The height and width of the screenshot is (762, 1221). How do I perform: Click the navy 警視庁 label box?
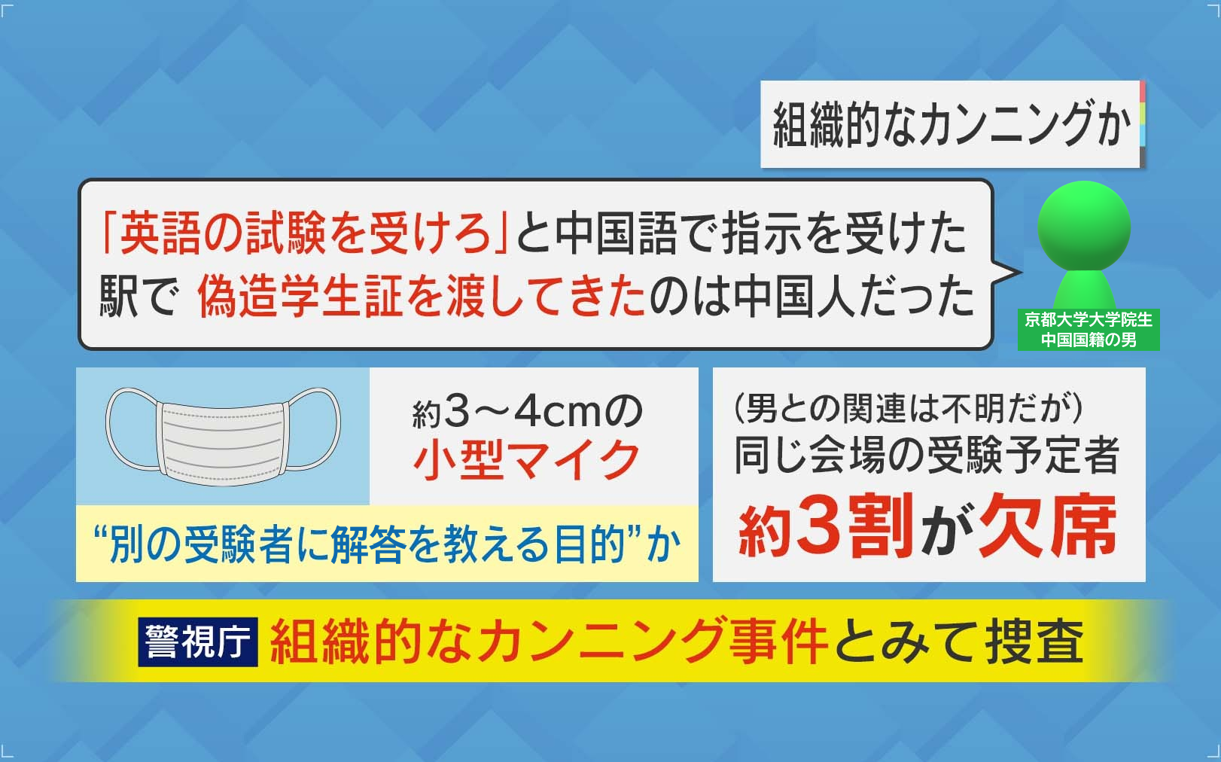point(198,642)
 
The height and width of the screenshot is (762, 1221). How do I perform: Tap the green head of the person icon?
point(1084,226)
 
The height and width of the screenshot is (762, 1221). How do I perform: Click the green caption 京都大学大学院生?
point(1089,319)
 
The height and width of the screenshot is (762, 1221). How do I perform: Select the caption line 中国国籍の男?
point(1089,340)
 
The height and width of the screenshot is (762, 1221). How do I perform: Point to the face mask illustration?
point(223,436)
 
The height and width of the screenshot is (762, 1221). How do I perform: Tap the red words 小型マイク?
point(526,461)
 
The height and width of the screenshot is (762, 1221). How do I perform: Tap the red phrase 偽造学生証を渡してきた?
point(422,297)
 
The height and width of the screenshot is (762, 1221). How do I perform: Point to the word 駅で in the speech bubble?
point(139,297)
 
